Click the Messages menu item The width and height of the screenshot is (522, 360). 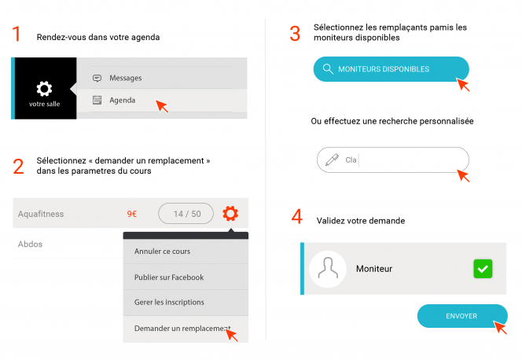pos(126,78)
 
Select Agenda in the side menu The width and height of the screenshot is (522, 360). pos(122,100)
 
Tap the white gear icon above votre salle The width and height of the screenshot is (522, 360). pos(44,89)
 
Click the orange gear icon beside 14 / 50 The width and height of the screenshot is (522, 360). pos(230,213)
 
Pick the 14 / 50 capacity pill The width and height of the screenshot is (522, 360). pos(186,214)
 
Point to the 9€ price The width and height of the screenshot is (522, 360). pos(132,214)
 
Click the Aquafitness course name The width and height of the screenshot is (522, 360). pos(41,214)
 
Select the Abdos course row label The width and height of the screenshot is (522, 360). pos(31,244)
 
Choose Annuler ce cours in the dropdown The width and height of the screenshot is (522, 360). pos(162,252)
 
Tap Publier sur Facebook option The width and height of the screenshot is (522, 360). pos(169,277)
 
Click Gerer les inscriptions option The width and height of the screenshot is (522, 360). pos(169,302)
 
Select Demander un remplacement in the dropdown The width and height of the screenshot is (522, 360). pos(182,329)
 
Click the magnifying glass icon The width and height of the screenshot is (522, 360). pos(328,69)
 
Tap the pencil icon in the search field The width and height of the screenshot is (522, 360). pos(332,160)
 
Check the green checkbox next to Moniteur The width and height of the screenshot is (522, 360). pos(483,269)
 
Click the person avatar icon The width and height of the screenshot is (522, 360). pos(328,269)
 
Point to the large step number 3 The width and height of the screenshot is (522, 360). pos(295,34)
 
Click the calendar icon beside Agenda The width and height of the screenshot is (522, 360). pos(97,100)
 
